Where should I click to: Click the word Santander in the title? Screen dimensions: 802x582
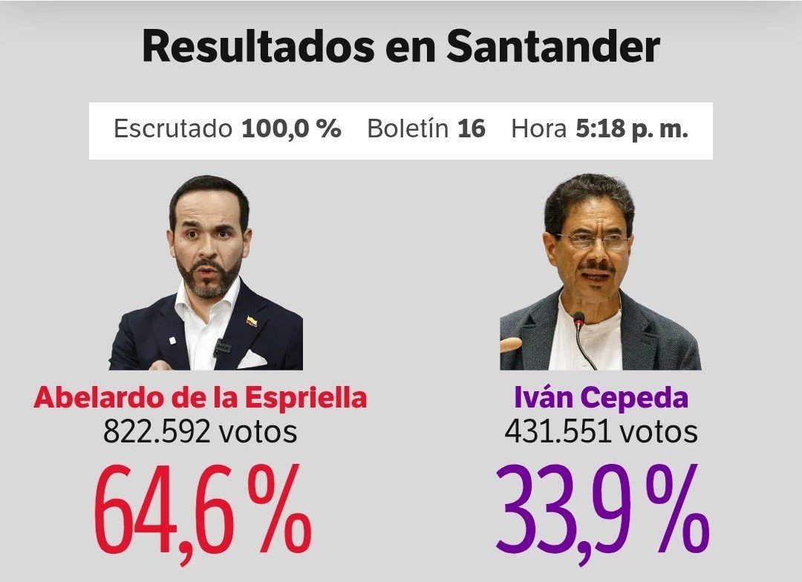pyautogui.click(x=553, y=47)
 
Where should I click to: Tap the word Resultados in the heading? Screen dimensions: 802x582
pyautogui.click(x=258, y=47)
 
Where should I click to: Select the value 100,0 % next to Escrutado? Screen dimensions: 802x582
pyautogui.click(x=291, y=128)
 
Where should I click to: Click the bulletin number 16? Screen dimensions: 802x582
pyautogui.click(x=471, y=128)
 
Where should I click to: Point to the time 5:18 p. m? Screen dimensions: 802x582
pyautogui.click(x=632, y=129)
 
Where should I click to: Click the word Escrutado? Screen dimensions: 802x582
pyautogui.click(x=173, y=128)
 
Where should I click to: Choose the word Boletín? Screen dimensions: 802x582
pyautogui.click(x=408, y=128)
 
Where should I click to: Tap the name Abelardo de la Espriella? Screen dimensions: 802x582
pyautogui.click(x=200, y=397)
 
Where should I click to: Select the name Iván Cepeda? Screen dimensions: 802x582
pyautogui.click(x=601, y=397)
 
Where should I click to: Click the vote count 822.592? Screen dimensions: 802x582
pyautogui.click(x=157, y=431)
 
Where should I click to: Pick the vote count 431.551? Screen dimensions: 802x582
pyautogui.click(x=558, y=431)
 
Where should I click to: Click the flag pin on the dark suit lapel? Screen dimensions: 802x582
pyautogui.click(x=252, y=321)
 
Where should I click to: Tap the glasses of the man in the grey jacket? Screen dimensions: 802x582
pyautogui.click(x=593, y=241)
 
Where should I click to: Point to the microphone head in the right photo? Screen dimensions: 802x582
pyautogui.click(x=579, y=319)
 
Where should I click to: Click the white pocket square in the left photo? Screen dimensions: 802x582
pyautogui.click(x=252, y=359)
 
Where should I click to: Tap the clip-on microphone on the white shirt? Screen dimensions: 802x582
pyautogui.click(x=221, y=347)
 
